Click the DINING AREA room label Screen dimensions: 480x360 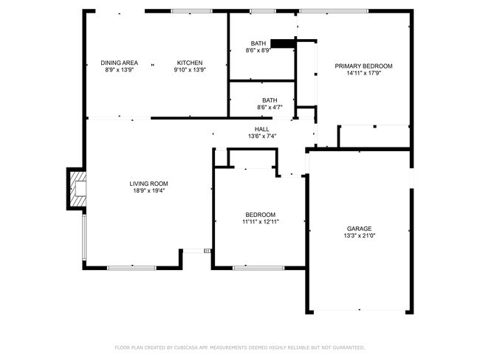tap(120, 63)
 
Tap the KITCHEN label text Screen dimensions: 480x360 tap(190, 63)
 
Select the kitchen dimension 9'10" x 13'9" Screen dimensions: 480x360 tap(190, 70)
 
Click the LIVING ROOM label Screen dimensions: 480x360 tap(148, 184)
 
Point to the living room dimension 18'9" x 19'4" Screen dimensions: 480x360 tap(148, 190)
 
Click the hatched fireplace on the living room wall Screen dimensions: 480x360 tap(77, 189)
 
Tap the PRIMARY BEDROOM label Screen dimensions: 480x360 tap(363, 66)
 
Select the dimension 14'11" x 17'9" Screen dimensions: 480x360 tap(363, 73)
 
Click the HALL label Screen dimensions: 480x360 tap(262, 129)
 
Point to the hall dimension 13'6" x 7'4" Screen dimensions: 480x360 tap(262, 136)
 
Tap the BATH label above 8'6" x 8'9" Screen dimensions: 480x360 tap(258, 44)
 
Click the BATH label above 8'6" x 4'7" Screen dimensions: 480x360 tap(270, 100)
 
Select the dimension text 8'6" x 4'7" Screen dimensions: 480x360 tap(270, 107)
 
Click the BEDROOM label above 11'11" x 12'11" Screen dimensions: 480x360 tap(261, 215)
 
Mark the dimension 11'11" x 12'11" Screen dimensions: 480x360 tap(261, 222)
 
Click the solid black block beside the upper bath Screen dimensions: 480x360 tap(283, 44)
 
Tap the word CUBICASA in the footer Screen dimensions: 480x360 tap(186, 347)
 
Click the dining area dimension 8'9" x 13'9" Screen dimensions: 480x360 tap(120, 70)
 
